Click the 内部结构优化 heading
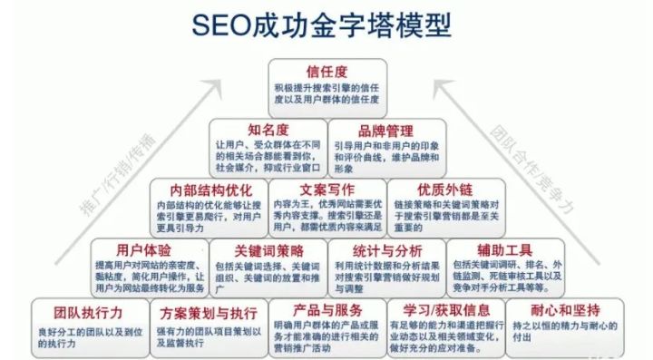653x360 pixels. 209,191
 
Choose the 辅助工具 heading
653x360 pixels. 503,248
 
